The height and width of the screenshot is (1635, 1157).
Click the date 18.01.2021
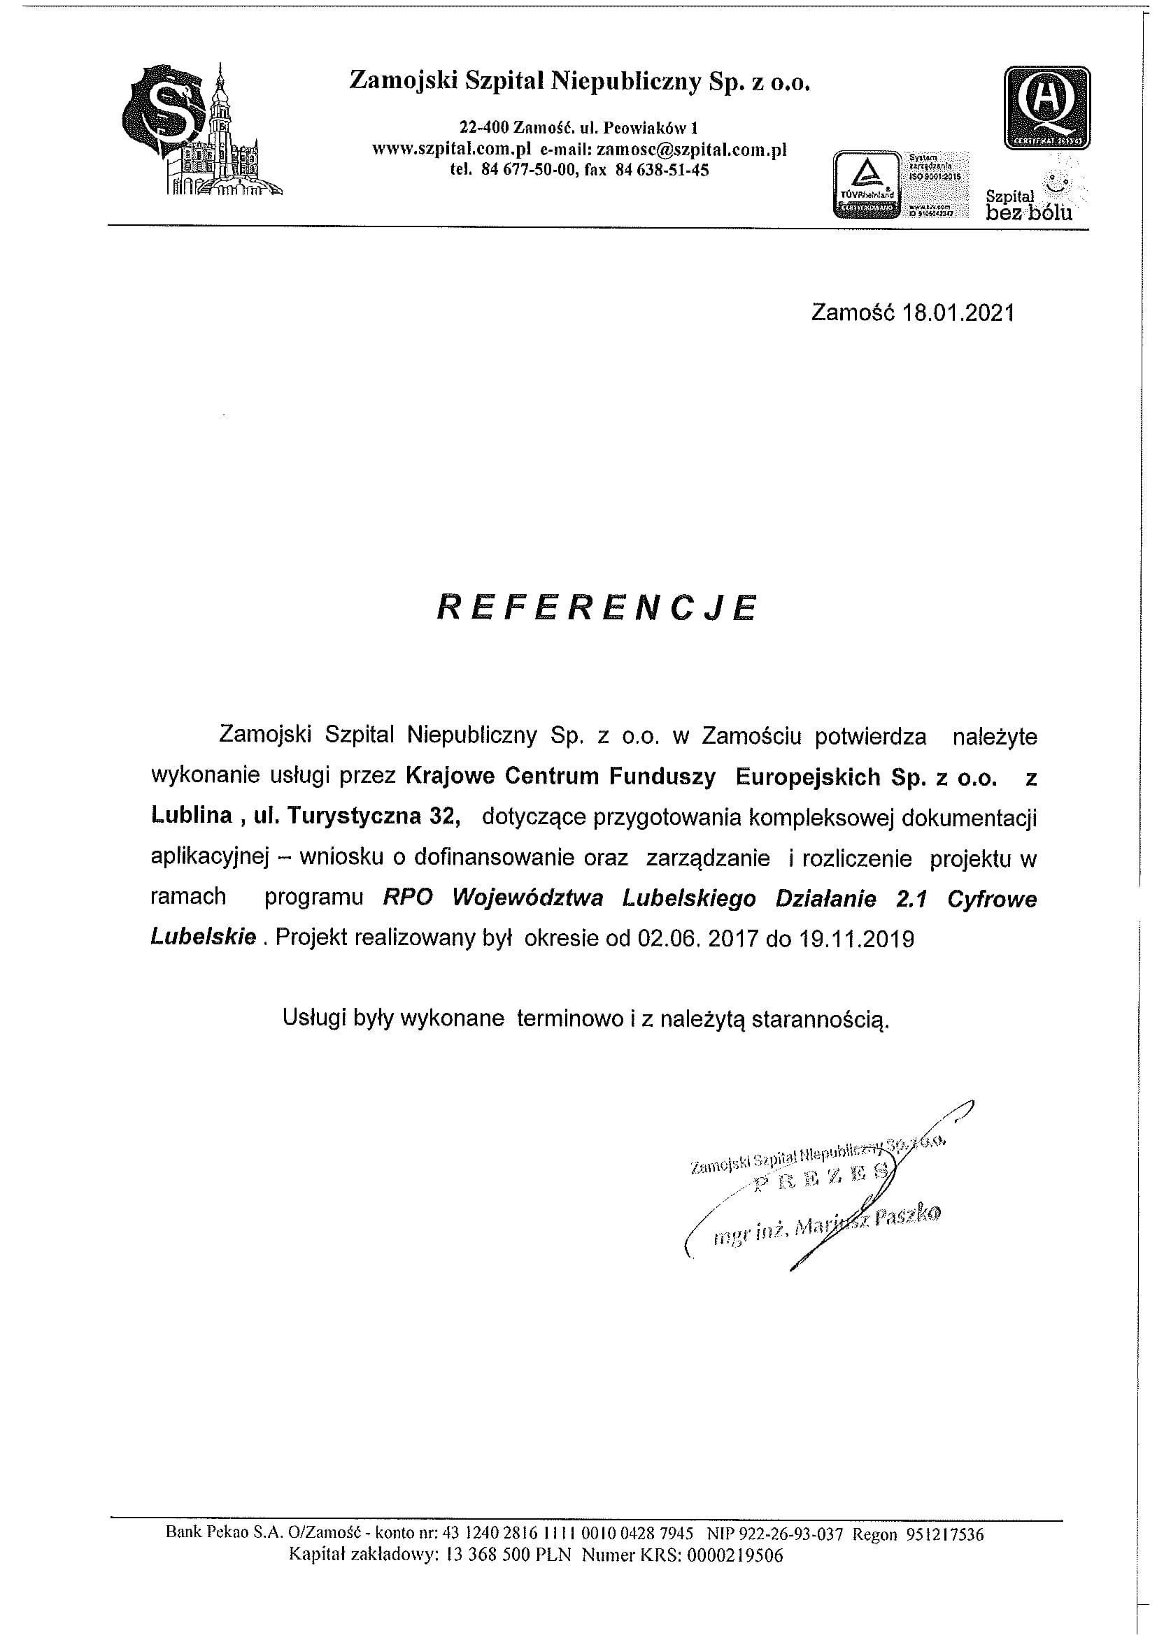pos(958,313)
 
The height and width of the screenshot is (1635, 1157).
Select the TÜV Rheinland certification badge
pos(866,184)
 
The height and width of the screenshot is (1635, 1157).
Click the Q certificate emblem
pos(1046,108)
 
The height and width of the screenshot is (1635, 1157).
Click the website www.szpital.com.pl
pos(452,150)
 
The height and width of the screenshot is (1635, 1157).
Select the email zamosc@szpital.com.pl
pos(691,150)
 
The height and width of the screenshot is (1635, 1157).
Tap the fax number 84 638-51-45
pos(666,170)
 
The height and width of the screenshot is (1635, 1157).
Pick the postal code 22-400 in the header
pos(485,128)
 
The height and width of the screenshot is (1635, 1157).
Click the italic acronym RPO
pos(409,899)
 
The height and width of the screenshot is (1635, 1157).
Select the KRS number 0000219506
pos(734,1575)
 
